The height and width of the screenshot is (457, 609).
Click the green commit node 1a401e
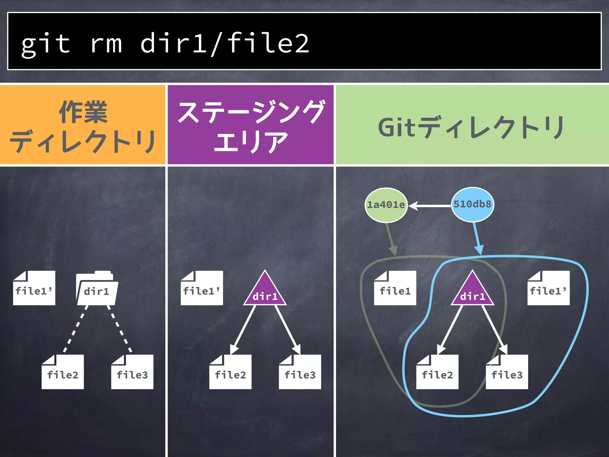[x=386, y=205]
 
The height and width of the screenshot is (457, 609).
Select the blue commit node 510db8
[x=473, y=204]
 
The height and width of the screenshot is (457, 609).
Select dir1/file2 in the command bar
[x=225, y=43]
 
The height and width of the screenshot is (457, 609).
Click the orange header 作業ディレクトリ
[x=83, y=125]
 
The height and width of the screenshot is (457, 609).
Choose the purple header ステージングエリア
[x=250, y=125]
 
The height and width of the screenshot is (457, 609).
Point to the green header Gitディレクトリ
[x=472, y=127]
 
